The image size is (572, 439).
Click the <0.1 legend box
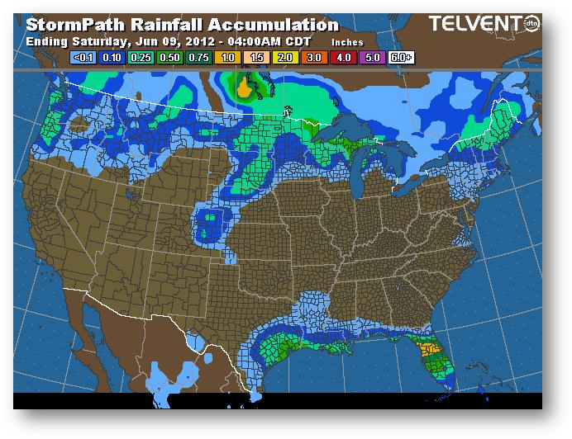tap(83, 59)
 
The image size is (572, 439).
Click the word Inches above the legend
tap(346, 41)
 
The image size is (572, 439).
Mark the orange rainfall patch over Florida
tap(429, 349)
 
